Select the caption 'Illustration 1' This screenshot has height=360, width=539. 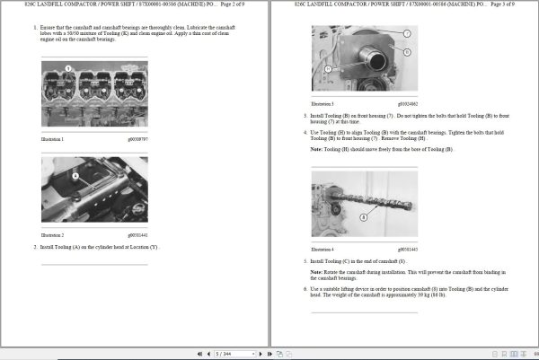tap(52, 140)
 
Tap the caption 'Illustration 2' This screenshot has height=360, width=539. tap(52, 234)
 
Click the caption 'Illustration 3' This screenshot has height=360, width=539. tap(322, 105)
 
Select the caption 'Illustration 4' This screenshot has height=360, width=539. tap(322, 248)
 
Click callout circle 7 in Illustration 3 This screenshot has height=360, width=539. tap(407, 33)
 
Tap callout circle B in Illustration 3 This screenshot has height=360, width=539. tap(407, 51)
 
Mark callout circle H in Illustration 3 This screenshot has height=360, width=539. tap(329, 69)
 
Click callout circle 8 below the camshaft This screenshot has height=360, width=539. tap(363, 217)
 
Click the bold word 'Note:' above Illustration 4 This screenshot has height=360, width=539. tap(317, 149)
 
